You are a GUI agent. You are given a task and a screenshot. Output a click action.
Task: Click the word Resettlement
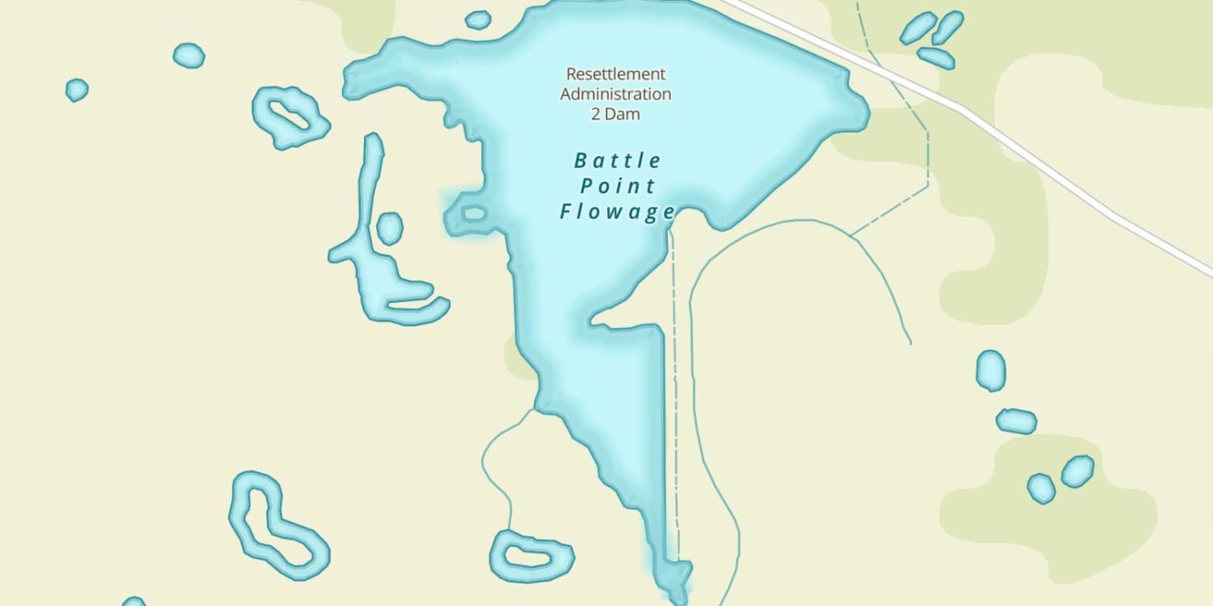615,74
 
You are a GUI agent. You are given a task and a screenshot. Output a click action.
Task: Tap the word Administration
615,94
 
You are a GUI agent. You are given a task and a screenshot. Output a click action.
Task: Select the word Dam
623,114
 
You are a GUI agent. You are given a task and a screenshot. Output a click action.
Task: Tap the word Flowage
618,213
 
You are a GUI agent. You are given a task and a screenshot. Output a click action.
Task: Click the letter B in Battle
580,161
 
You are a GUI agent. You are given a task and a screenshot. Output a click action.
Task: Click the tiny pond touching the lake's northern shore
478,19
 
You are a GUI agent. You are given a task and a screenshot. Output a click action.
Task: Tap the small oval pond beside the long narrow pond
390,229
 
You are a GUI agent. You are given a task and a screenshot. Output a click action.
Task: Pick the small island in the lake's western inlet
473,214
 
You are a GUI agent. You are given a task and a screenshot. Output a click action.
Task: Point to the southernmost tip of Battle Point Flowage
678,598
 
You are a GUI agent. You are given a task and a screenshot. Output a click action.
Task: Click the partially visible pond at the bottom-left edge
133,602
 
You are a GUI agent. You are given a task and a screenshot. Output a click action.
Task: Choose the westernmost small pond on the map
76,90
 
